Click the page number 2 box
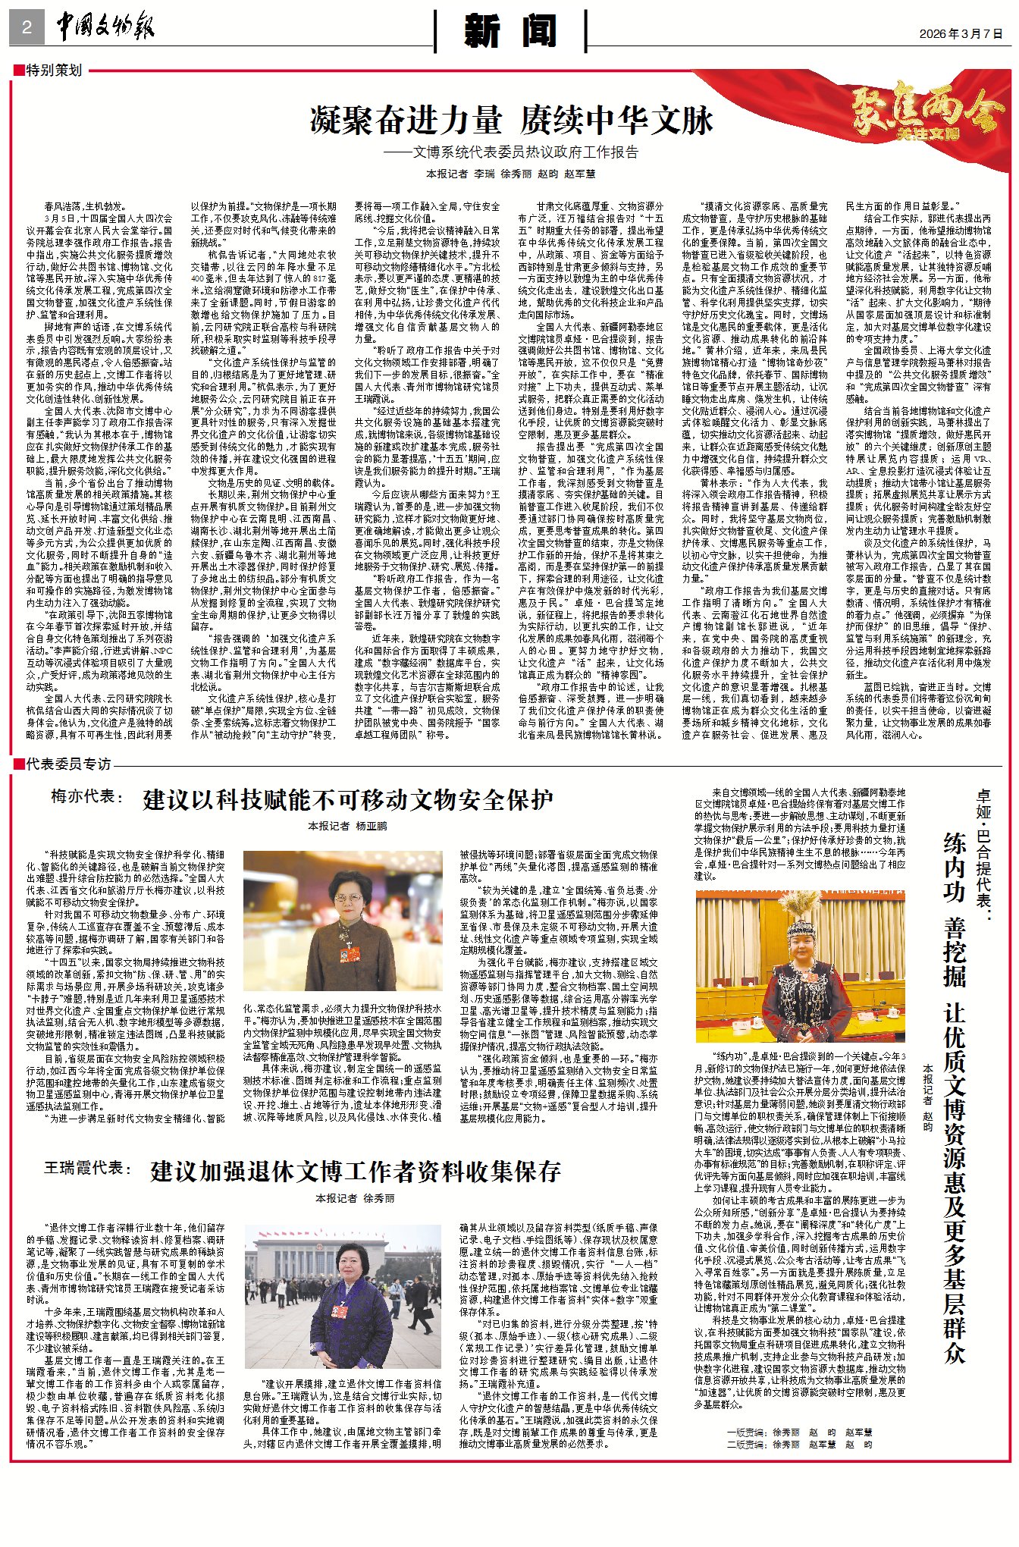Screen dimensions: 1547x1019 [27, 28]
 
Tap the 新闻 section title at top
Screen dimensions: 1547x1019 [510, 31]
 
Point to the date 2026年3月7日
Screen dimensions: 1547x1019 [961, 33]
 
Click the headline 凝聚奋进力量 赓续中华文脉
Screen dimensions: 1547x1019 [511, 121]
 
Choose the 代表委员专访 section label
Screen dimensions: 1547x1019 [67, 764]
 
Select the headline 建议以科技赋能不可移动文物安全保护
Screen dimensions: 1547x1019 [348, 800]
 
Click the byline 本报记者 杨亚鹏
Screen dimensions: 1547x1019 [347, 826]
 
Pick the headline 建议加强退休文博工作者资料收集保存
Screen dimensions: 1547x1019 [355, 1171]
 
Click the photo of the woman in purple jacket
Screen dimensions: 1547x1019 [342, 1299]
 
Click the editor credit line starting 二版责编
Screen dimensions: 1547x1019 [798, 1445]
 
